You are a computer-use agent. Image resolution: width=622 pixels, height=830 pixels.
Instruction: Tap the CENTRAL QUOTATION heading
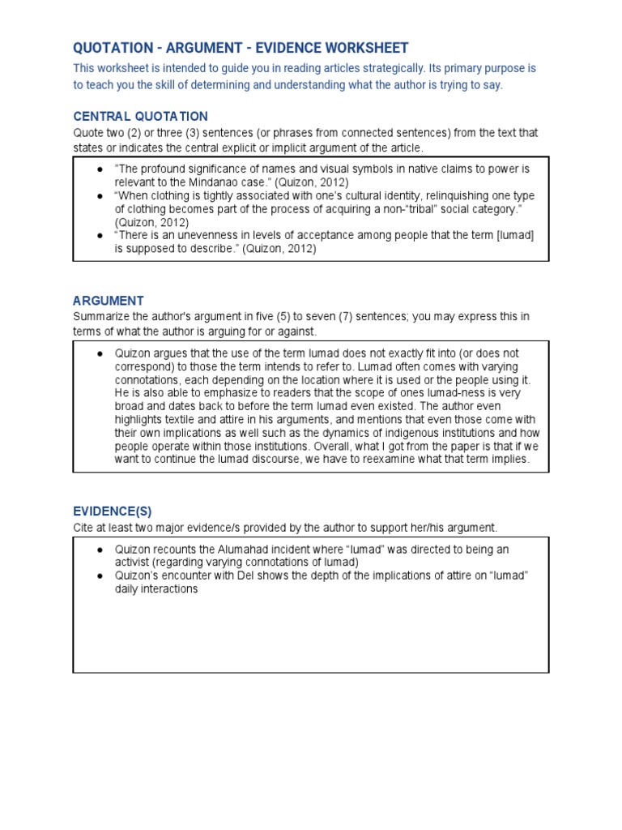(140, 116)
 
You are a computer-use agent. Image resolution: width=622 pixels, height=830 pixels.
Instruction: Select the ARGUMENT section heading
(109, 301)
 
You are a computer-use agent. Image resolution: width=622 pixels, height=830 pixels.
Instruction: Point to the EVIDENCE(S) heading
(112, 511)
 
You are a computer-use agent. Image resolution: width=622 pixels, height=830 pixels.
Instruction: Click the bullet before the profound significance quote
(99, 169)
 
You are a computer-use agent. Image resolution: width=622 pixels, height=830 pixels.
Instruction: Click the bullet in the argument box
(99, 354)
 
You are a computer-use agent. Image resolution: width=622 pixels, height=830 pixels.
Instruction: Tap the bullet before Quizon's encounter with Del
(99, 575)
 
